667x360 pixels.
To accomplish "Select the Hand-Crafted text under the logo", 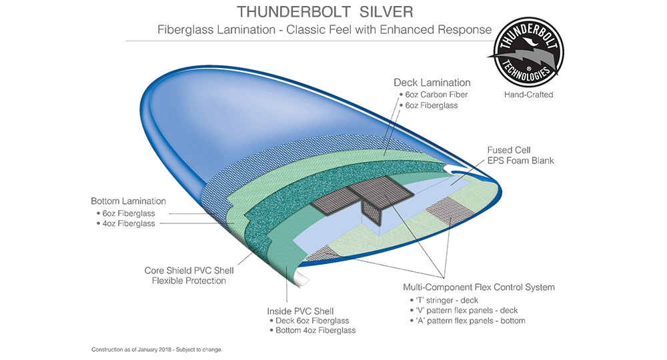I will [528, 95].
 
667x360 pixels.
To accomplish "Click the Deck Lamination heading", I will [432, 83].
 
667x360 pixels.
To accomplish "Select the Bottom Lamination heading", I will [128, 201].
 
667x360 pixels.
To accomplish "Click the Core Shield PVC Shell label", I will [189, 271].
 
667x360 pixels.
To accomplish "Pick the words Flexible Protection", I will [189, 281].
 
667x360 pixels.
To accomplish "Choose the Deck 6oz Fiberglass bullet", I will [309, 321].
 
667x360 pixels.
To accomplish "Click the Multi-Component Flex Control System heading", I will [479, 287].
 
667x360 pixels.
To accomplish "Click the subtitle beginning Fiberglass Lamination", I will [324, 30].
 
